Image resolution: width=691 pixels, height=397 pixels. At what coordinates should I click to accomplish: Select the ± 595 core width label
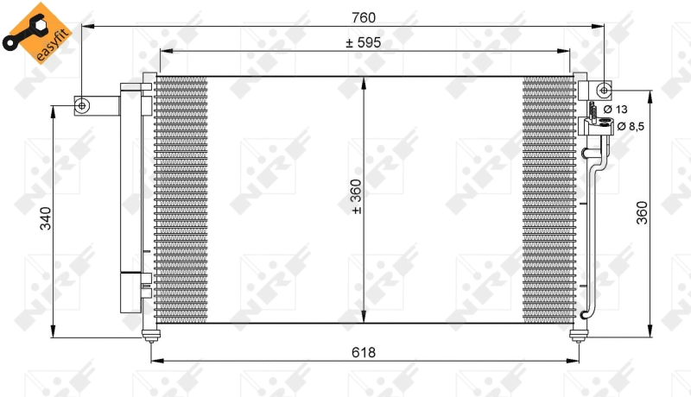363,41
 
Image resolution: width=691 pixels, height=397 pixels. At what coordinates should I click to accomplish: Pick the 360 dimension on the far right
642,212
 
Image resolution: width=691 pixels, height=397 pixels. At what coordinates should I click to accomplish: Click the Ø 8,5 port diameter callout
631,127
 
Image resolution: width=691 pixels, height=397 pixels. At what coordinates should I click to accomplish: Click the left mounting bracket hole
83,105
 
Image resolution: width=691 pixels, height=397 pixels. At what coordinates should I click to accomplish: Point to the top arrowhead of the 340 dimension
54,110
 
